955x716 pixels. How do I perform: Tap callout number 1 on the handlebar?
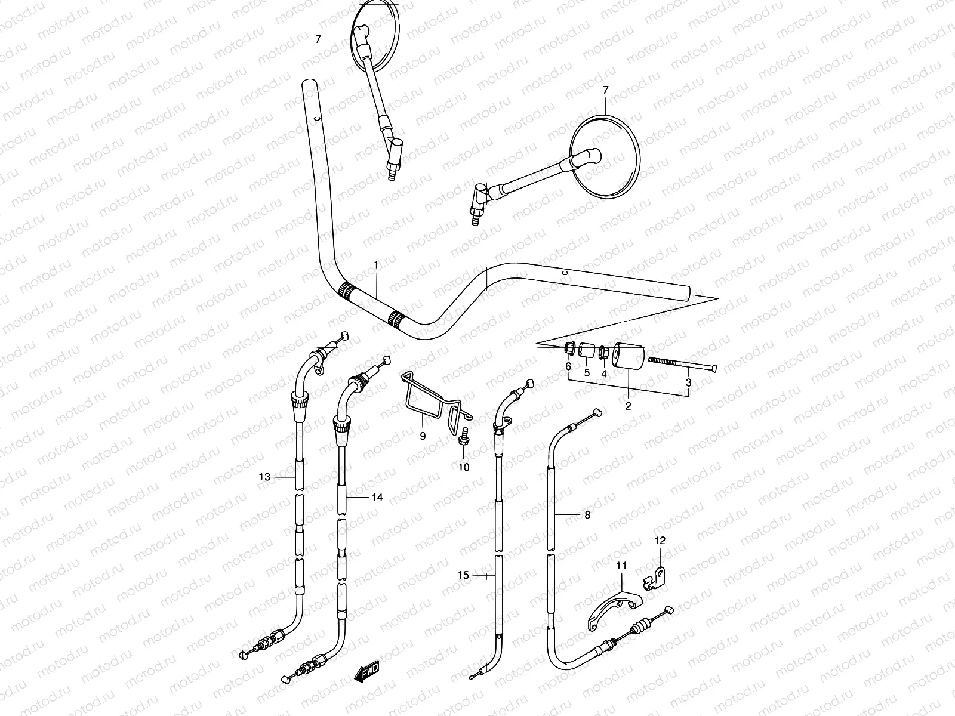click(x=376, y=264)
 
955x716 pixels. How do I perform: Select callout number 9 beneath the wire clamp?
click(x=423, y=436)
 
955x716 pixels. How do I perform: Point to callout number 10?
click(x=464, y=467)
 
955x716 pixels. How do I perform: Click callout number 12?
click(x=660, y=541)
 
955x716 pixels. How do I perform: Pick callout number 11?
click(x=621, y=565)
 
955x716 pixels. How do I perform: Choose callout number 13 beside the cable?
click(x=264, y=477)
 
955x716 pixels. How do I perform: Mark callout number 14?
click(x=376, y=497)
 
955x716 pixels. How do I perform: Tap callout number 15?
click(x=463, y=575)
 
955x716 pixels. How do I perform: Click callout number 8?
click(x=587, y=514)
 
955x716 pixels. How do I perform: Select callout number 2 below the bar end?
click(x=628, y=406)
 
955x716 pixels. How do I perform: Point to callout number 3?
click(x=688, y=382)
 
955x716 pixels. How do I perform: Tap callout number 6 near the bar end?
click(x=568, y=366)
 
